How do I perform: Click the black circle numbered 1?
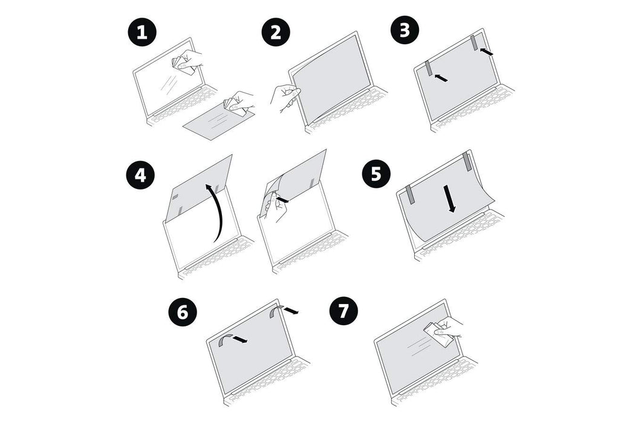point(142,32)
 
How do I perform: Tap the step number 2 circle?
point(275,32)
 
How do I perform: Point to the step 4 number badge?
point(140,176)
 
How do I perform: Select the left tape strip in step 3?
point(429,68)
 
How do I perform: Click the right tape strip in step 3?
point(473,43)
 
